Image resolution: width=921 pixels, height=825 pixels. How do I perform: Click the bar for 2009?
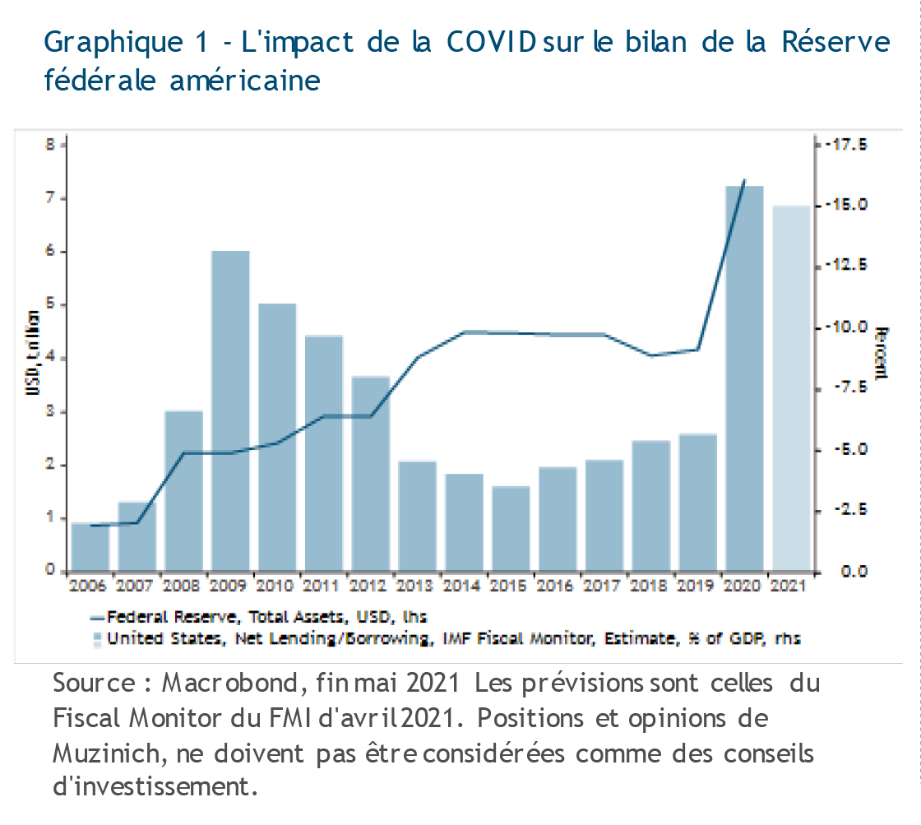pos(230,411)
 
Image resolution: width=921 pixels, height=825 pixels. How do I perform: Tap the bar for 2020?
pos(745,378)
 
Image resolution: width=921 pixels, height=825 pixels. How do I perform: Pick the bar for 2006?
pos(90,547)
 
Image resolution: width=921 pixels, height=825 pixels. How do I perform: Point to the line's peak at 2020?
pos(744,179)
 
